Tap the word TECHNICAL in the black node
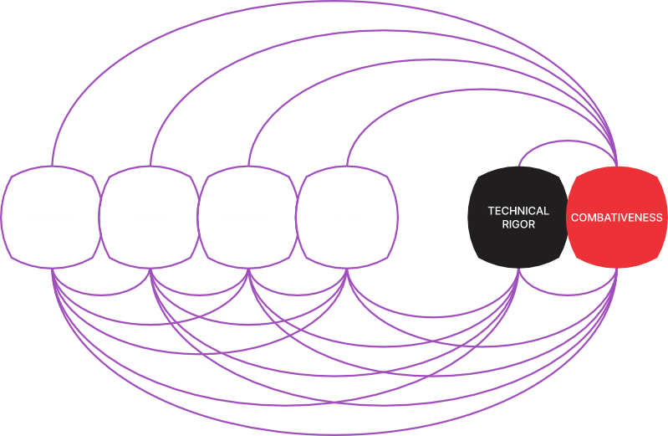pos(518,211)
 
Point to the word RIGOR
pos(518,224)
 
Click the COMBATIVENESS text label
pos(617,218)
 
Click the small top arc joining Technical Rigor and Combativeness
pos(568,141)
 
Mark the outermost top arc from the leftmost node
pos(334,3)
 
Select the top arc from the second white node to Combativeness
pos(384,32)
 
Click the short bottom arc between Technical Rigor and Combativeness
pos(568,295)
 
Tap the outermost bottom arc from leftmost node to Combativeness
pos(334,433)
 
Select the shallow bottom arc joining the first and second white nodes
pos(101,295)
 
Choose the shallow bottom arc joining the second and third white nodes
pos(200,295)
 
